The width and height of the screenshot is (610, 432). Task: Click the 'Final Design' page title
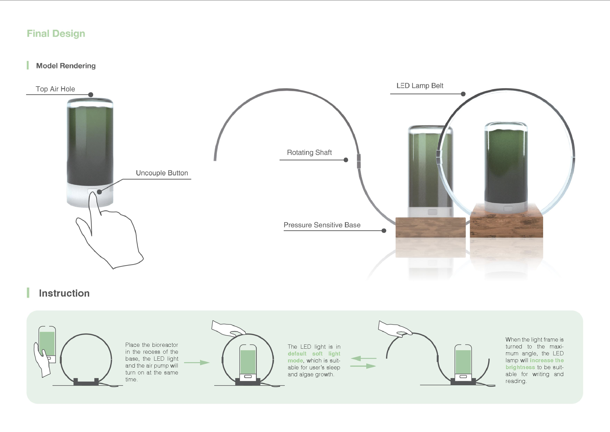(x=56, y=34)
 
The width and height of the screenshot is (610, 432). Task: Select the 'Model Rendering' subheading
(x=66, y=66)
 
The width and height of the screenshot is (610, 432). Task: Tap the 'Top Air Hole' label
(x=55, y=89)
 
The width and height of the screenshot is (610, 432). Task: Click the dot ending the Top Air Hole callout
(x=91, y=95)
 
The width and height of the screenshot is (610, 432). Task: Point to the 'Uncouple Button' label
(x=162, y=173)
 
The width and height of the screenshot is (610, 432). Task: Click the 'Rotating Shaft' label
(x=309, y=152)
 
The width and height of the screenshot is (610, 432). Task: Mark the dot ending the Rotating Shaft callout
(x=346, y=160)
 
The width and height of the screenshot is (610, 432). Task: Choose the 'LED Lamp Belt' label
(x=420, y=86)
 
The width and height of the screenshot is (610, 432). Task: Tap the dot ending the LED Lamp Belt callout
(x=463, y=94)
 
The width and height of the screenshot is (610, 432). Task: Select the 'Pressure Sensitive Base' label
(x=322, y=225)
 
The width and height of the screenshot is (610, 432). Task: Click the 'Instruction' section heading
(x=64, y=293)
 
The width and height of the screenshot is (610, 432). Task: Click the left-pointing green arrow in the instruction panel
(x=364, y=359)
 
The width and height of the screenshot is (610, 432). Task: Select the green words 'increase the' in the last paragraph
(x=547, y=360)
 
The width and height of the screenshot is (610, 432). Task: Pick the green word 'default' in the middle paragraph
(x=297, y=354)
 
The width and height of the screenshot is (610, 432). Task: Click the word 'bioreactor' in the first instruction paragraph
(x=165, y=345)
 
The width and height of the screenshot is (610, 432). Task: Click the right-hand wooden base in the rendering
(x=507, y=221)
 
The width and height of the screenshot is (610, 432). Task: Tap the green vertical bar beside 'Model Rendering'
(x=28, y=65)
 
